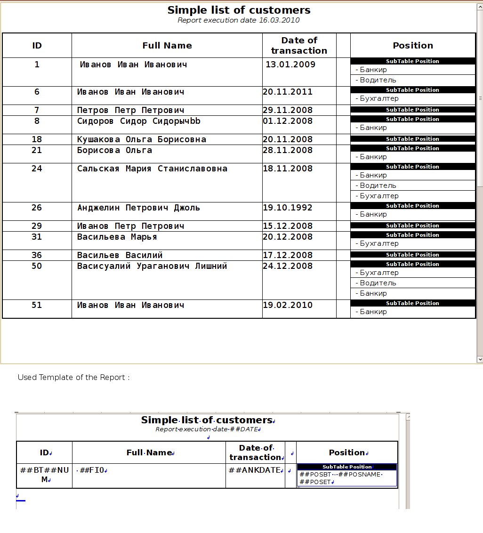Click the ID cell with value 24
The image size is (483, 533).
coord(37,169)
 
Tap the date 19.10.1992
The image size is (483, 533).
coord(287,208)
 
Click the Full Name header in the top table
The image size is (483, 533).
coord(167,46)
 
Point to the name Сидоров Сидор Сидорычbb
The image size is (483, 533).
coord(139,121)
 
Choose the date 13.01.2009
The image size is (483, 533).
coord(290,65)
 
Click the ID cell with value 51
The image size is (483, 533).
coord(37,305)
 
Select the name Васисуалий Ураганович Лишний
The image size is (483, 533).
coord(152,266)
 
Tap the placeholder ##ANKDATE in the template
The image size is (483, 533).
coord(255,470)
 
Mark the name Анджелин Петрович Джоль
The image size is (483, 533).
coord(138,208)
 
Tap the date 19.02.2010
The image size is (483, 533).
coord(287,305)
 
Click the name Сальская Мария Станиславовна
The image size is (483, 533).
coord(152,169)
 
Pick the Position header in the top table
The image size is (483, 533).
coord(413,46)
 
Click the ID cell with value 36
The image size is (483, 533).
coord(37,255)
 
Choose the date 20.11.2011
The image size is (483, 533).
coord(287,92)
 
